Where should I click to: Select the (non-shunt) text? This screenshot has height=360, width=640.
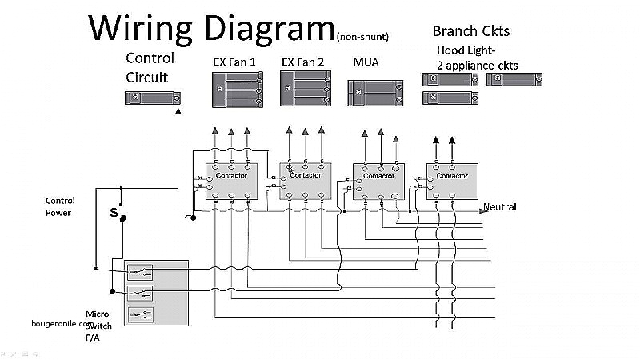coord(370,36)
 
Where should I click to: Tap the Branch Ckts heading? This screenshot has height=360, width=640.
coord(470,31)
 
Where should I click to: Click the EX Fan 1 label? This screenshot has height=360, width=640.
coord(234,62)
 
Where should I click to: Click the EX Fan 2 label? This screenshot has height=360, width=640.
coord(303,62)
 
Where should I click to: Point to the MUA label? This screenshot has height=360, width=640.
coord(366,62)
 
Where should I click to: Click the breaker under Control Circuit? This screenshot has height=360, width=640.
coord(151,98)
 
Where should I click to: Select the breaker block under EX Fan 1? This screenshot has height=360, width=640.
coord(238,90)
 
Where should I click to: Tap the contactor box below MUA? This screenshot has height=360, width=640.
coord(378,182)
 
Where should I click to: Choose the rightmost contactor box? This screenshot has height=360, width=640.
coord(452,182)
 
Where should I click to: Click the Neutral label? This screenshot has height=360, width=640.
coord(499,207)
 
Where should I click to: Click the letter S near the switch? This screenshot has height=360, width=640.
coord(113,213)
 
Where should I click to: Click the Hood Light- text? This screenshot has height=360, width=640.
coord(462,50)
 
